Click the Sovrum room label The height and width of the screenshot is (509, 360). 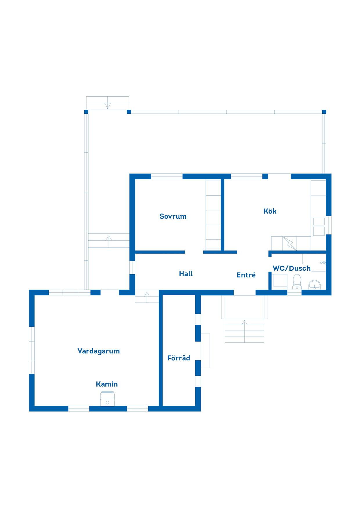[173, 216]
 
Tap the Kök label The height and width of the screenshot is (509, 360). [270, 211]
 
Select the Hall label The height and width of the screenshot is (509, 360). [186, 274]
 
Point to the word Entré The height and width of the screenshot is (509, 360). [246, 275]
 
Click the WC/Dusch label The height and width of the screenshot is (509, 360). [291, 268]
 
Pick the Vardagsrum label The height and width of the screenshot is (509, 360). [99, 351]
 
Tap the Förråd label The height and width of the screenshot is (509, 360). [179, 358]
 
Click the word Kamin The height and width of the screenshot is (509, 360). [107, 384]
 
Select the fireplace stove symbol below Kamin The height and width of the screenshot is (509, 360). [107, 399]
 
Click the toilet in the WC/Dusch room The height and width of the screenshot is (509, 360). [297, 281]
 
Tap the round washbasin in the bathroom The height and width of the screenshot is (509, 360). [314, 285]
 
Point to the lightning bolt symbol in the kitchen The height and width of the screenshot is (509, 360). [289, 243]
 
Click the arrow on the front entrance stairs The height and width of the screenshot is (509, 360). [244, 331]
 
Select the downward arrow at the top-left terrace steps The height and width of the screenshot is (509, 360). [107, 102]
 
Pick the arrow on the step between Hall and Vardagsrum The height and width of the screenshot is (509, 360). [147, 297]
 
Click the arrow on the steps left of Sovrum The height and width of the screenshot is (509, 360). [109, 241]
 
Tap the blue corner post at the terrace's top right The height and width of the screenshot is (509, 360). [324, 112]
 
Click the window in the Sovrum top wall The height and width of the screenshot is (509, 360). [167, 176]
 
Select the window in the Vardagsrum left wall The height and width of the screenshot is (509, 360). [32, 350]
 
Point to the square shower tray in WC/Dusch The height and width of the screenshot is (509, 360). [280, 281]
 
